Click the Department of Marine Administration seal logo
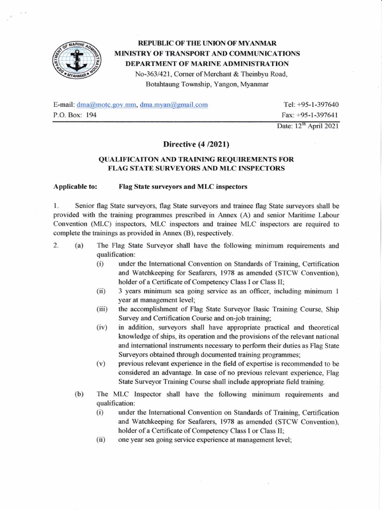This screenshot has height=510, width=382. click(x=75, y=63)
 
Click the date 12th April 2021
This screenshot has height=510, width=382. click(x=308, y=126)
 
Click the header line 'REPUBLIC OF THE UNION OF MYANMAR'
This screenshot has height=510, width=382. click(x=207, y=43)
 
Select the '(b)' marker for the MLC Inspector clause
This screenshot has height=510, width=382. click(x=79, y=394)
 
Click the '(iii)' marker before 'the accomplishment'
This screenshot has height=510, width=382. click(x=102, y=309)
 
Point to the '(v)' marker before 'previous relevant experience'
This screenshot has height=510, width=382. click(x=101, y=364)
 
